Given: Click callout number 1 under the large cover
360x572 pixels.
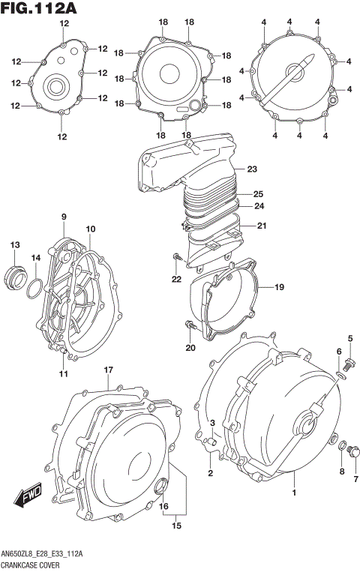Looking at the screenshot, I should click(294, 493).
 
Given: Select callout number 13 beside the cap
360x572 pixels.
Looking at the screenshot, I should click(15, 246).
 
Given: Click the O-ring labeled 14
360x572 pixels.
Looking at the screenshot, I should click(34, 287).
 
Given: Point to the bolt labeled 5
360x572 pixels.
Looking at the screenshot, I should click(349, 361).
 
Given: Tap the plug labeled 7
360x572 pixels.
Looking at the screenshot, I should click(354, 450).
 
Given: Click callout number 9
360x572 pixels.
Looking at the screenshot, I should click(64, 217).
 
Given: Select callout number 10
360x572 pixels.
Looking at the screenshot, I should click(90, 229).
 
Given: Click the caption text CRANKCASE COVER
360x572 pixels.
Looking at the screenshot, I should click(34, 563).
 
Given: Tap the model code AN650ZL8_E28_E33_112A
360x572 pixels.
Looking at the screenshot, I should click(43, 553).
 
